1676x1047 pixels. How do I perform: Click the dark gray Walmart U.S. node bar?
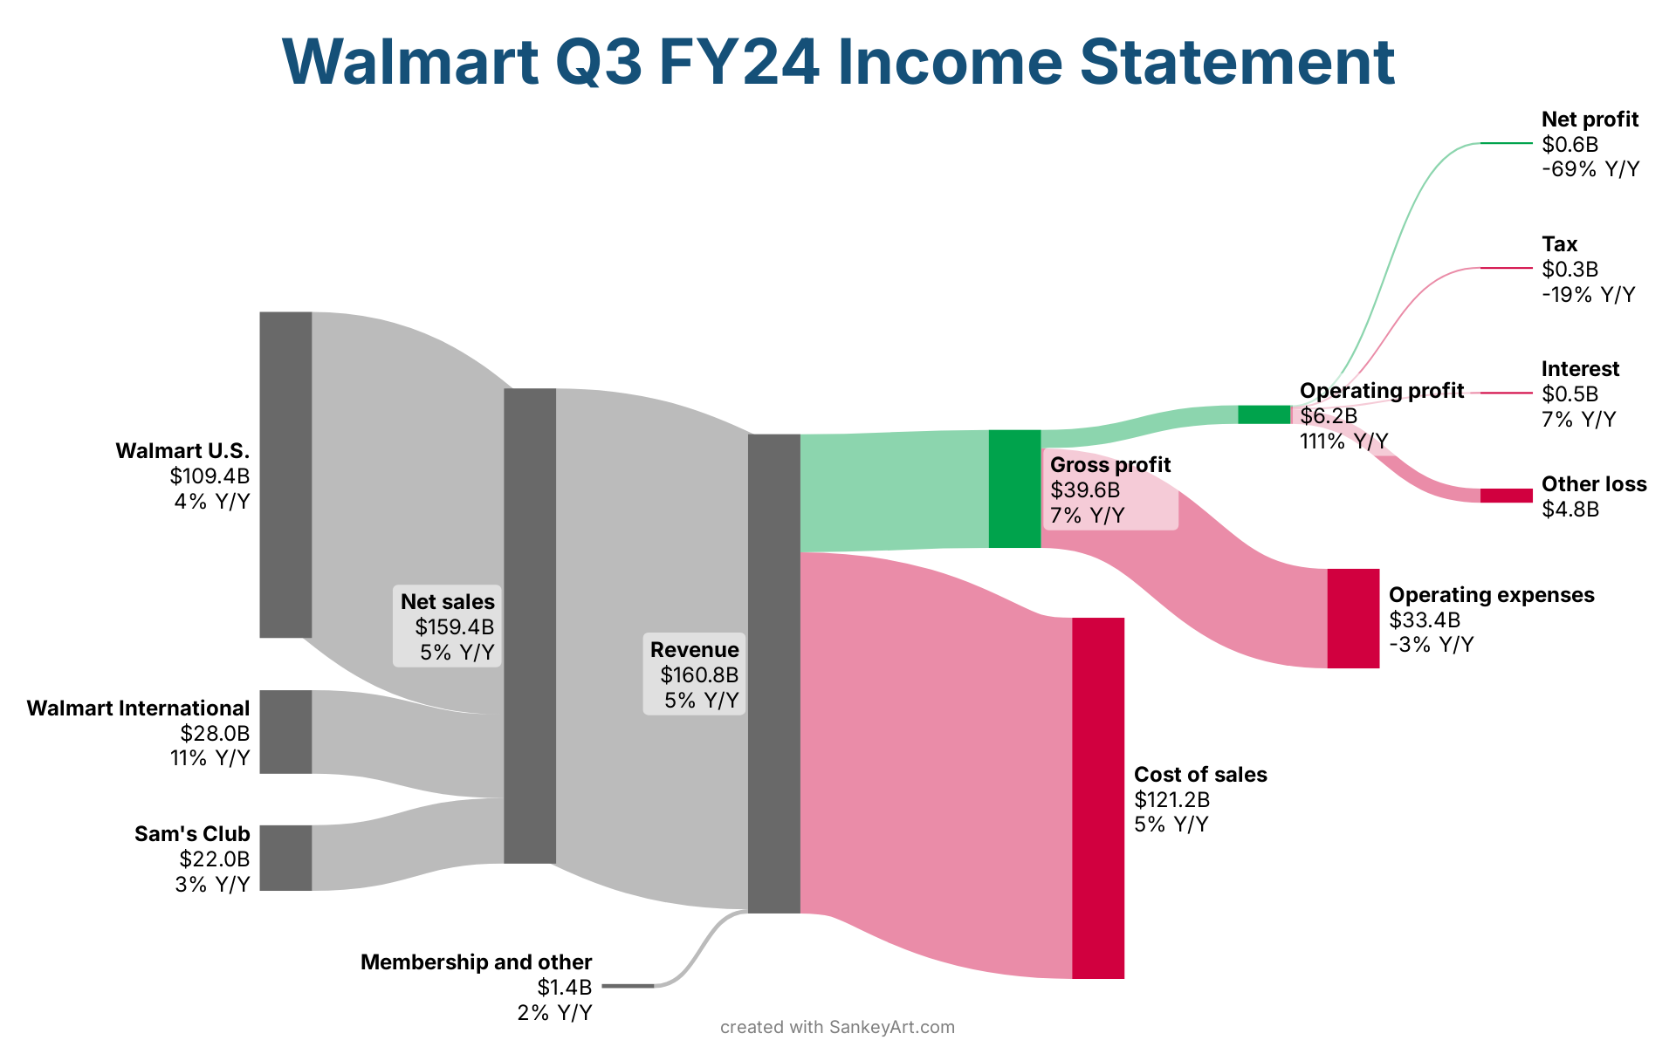(x=285, y=475)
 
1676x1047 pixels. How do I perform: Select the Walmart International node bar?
(x=285, y=732)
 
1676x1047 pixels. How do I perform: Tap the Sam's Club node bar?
(x=285, y=858)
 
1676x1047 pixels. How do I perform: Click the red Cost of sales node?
(x=1098, y=798)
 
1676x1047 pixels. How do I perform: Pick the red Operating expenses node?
(x=1354, y=619)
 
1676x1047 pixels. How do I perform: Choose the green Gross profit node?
(x=1015, y=489)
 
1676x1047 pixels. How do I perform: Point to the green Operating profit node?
(x=1264, y=414)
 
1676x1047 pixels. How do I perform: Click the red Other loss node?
(x=1507, y=496)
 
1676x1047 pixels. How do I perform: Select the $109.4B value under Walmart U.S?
(x=209, y=476)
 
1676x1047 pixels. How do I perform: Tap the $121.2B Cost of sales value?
(x=1172, y=800)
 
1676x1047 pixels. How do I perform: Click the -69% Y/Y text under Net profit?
(x=1590, y=169)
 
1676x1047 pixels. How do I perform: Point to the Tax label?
(x=1559, y=244)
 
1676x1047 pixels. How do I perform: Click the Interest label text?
(x=1580, y=369)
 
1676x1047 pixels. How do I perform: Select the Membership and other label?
(x=477, y=962)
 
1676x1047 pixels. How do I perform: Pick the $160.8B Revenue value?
(x=699, y=675)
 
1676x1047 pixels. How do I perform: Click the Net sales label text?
(x=448, y=602)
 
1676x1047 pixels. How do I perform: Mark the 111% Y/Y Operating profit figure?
(x=1344, y=441)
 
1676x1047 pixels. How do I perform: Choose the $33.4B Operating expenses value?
(x=1425, y=620)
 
